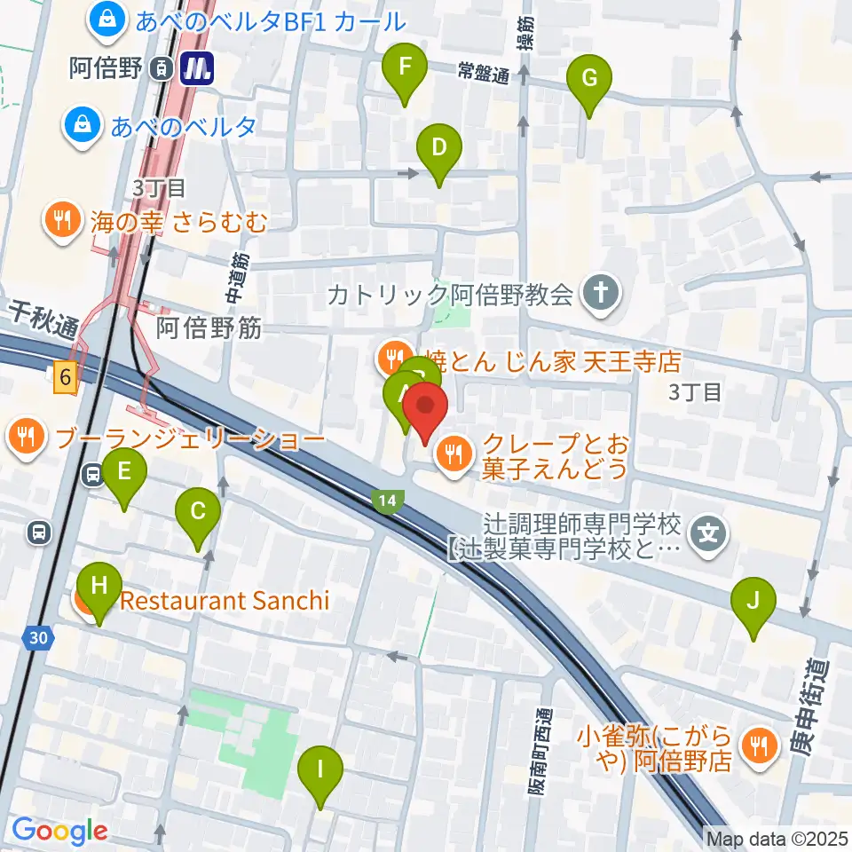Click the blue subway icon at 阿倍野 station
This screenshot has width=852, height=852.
click(196, 68)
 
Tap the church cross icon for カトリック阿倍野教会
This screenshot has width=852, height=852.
click(600, 292)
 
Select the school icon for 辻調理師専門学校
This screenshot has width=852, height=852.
click(709, 534)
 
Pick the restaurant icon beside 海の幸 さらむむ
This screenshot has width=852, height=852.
click(61, 219)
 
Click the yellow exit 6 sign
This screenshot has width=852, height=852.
click(65, 378)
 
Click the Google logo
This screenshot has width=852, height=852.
click(59, 832)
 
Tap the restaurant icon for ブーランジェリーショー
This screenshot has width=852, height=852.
click(27, 437)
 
